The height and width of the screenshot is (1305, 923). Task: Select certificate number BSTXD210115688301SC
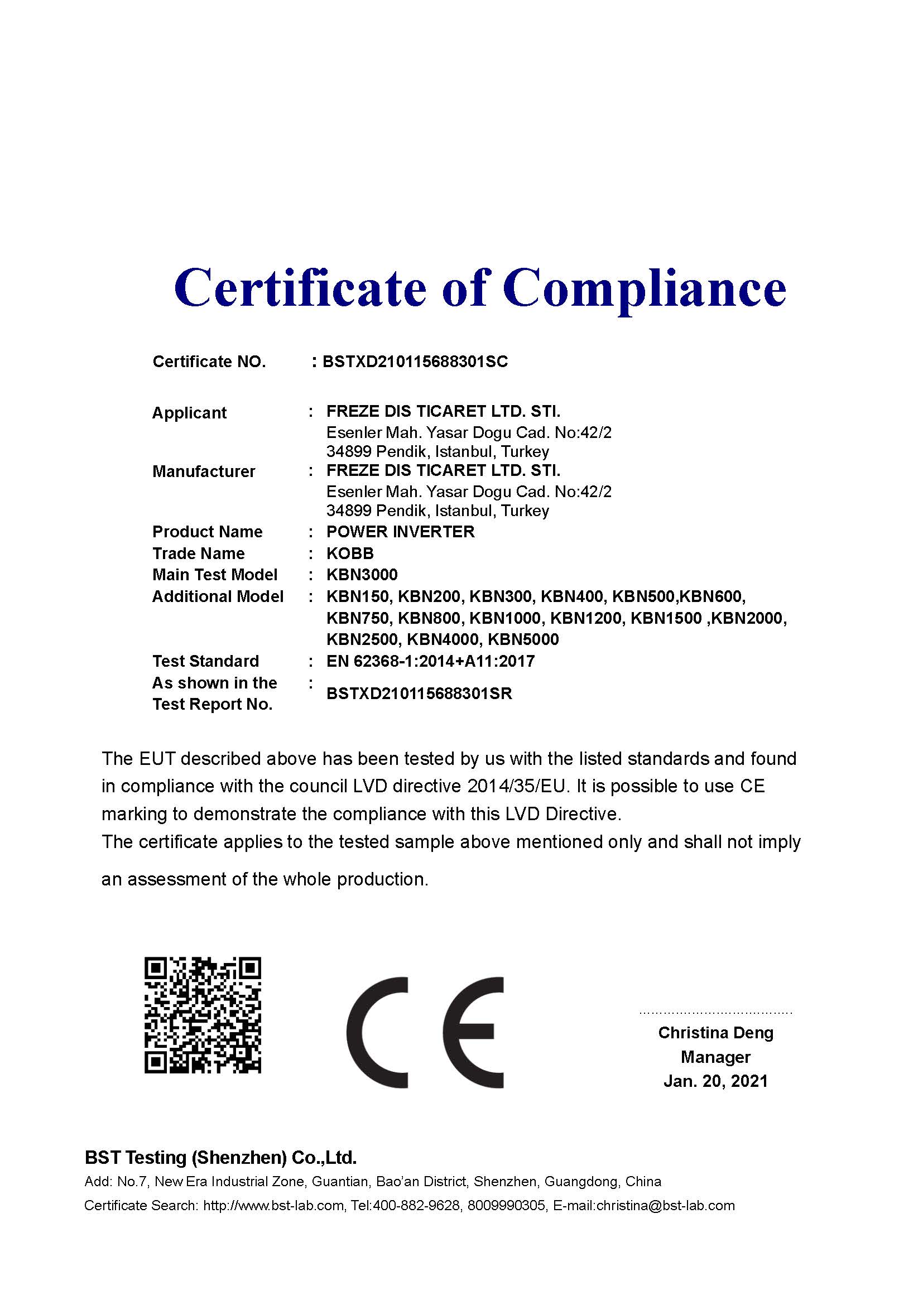coord(415,362)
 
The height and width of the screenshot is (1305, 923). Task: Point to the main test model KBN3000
coord(362,575)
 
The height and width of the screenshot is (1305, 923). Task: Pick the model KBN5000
coord(523,639)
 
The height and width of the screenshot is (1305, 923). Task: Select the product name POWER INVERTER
coord(400,532)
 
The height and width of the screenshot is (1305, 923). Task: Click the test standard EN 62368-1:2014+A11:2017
coord(430,661)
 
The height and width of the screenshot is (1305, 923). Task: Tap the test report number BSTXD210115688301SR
coord(419,694)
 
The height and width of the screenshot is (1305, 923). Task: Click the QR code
coord(203,1015)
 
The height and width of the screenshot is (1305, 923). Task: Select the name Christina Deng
coord(715,1033)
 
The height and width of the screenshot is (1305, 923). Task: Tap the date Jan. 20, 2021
coord(715,1081)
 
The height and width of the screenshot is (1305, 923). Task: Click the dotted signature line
coord(715,1013)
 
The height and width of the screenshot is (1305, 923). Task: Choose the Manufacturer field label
coord(204,471)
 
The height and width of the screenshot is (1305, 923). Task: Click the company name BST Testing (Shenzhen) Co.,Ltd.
coord(220,1158)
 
